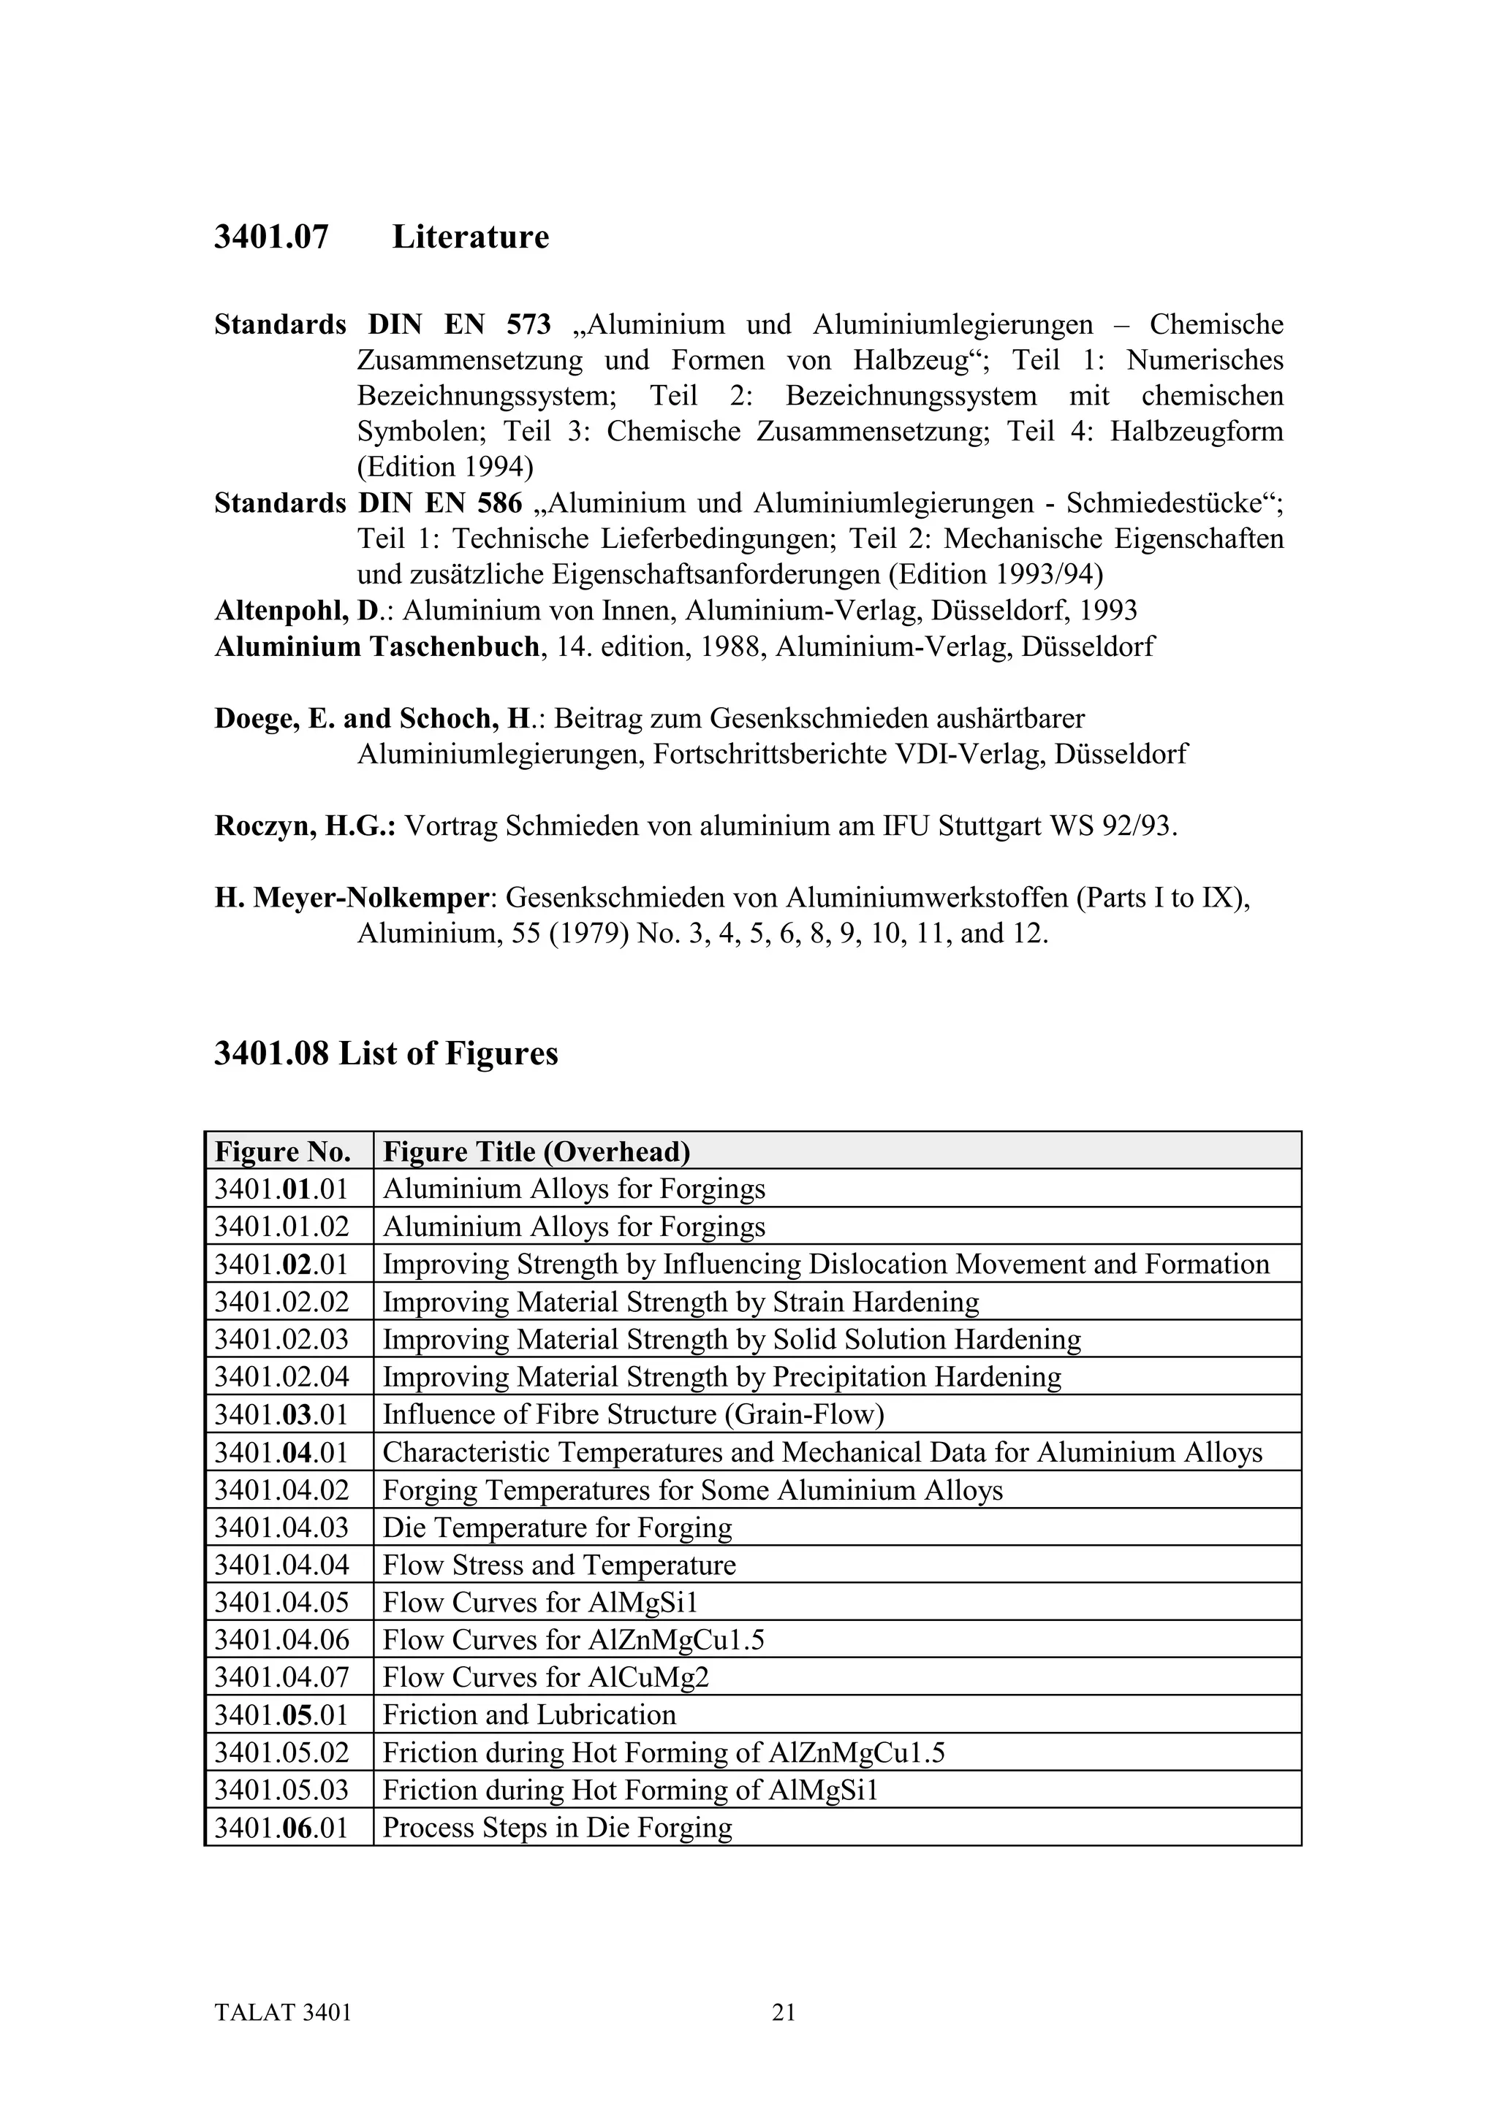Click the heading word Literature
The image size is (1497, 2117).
(471, 238)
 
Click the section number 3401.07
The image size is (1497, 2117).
(271, 238)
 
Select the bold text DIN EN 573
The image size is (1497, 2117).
(459, 324)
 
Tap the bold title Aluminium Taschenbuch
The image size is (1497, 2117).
(376, 646)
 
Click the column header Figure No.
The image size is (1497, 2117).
(282, 1151)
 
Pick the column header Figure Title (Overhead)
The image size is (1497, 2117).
(536, 1151)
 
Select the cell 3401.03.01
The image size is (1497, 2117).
(281, 1414)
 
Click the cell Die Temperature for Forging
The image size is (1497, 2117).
(557, 1527)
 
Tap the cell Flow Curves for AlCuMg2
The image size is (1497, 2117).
(545, 1677)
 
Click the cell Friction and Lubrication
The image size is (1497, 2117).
(528, 1715)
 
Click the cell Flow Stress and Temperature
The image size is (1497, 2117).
(559, 1565)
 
